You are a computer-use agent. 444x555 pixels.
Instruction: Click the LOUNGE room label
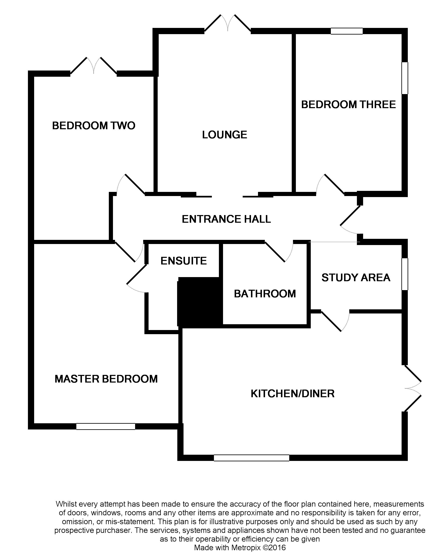point(224,135)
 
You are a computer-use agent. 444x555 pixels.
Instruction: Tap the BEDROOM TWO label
point(94,126)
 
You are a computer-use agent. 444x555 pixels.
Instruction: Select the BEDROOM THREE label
point(348,104)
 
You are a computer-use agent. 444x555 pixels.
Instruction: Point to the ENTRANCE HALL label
point(226,219)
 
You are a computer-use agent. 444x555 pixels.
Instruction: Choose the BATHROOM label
point(265,294)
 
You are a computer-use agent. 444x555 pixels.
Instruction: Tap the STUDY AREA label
point(356,277)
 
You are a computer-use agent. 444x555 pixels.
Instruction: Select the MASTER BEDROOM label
point(106,379)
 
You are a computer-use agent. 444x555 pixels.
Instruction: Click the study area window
point(405,274)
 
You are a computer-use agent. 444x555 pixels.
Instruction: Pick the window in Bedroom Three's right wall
point(405,78)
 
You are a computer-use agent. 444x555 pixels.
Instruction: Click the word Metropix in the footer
point(246,547)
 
